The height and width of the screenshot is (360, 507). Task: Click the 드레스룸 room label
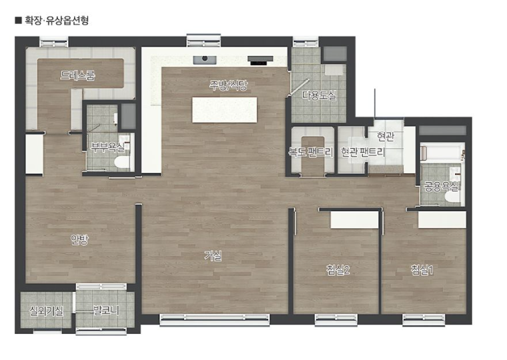point(77,75)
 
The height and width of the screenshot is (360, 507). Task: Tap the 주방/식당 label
point(229,85)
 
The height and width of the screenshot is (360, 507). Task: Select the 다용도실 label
point(319,95)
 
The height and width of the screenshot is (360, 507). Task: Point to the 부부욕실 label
point(107,147)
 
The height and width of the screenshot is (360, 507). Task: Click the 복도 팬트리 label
point(311,152)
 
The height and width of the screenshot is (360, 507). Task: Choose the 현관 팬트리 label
point(363,152)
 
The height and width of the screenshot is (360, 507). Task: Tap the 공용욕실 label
point(441,187)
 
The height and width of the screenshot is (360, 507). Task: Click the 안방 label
point(79,239)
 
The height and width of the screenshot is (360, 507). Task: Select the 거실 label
point(213,256)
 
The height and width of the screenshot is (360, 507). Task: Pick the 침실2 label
point(338,269)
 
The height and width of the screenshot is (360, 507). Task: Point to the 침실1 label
point(422,269)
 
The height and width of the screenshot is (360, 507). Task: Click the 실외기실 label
point(46,311)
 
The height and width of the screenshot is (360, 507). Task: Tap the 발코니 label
point(106,311)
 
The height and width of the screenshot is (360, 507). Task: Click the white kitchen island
point(224,110)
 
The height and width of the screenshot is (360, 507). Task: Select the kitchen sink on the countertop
point(205,59)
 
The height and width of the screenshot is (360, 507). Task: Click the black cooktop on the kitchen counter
point(260,60)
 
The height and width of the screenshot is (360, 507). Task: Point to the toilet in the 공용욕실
point(452,197)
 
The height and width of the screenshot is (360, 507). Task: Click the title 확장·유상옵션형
point(57,21)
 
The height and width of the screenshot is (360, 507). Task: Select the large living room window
point(215,319)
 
